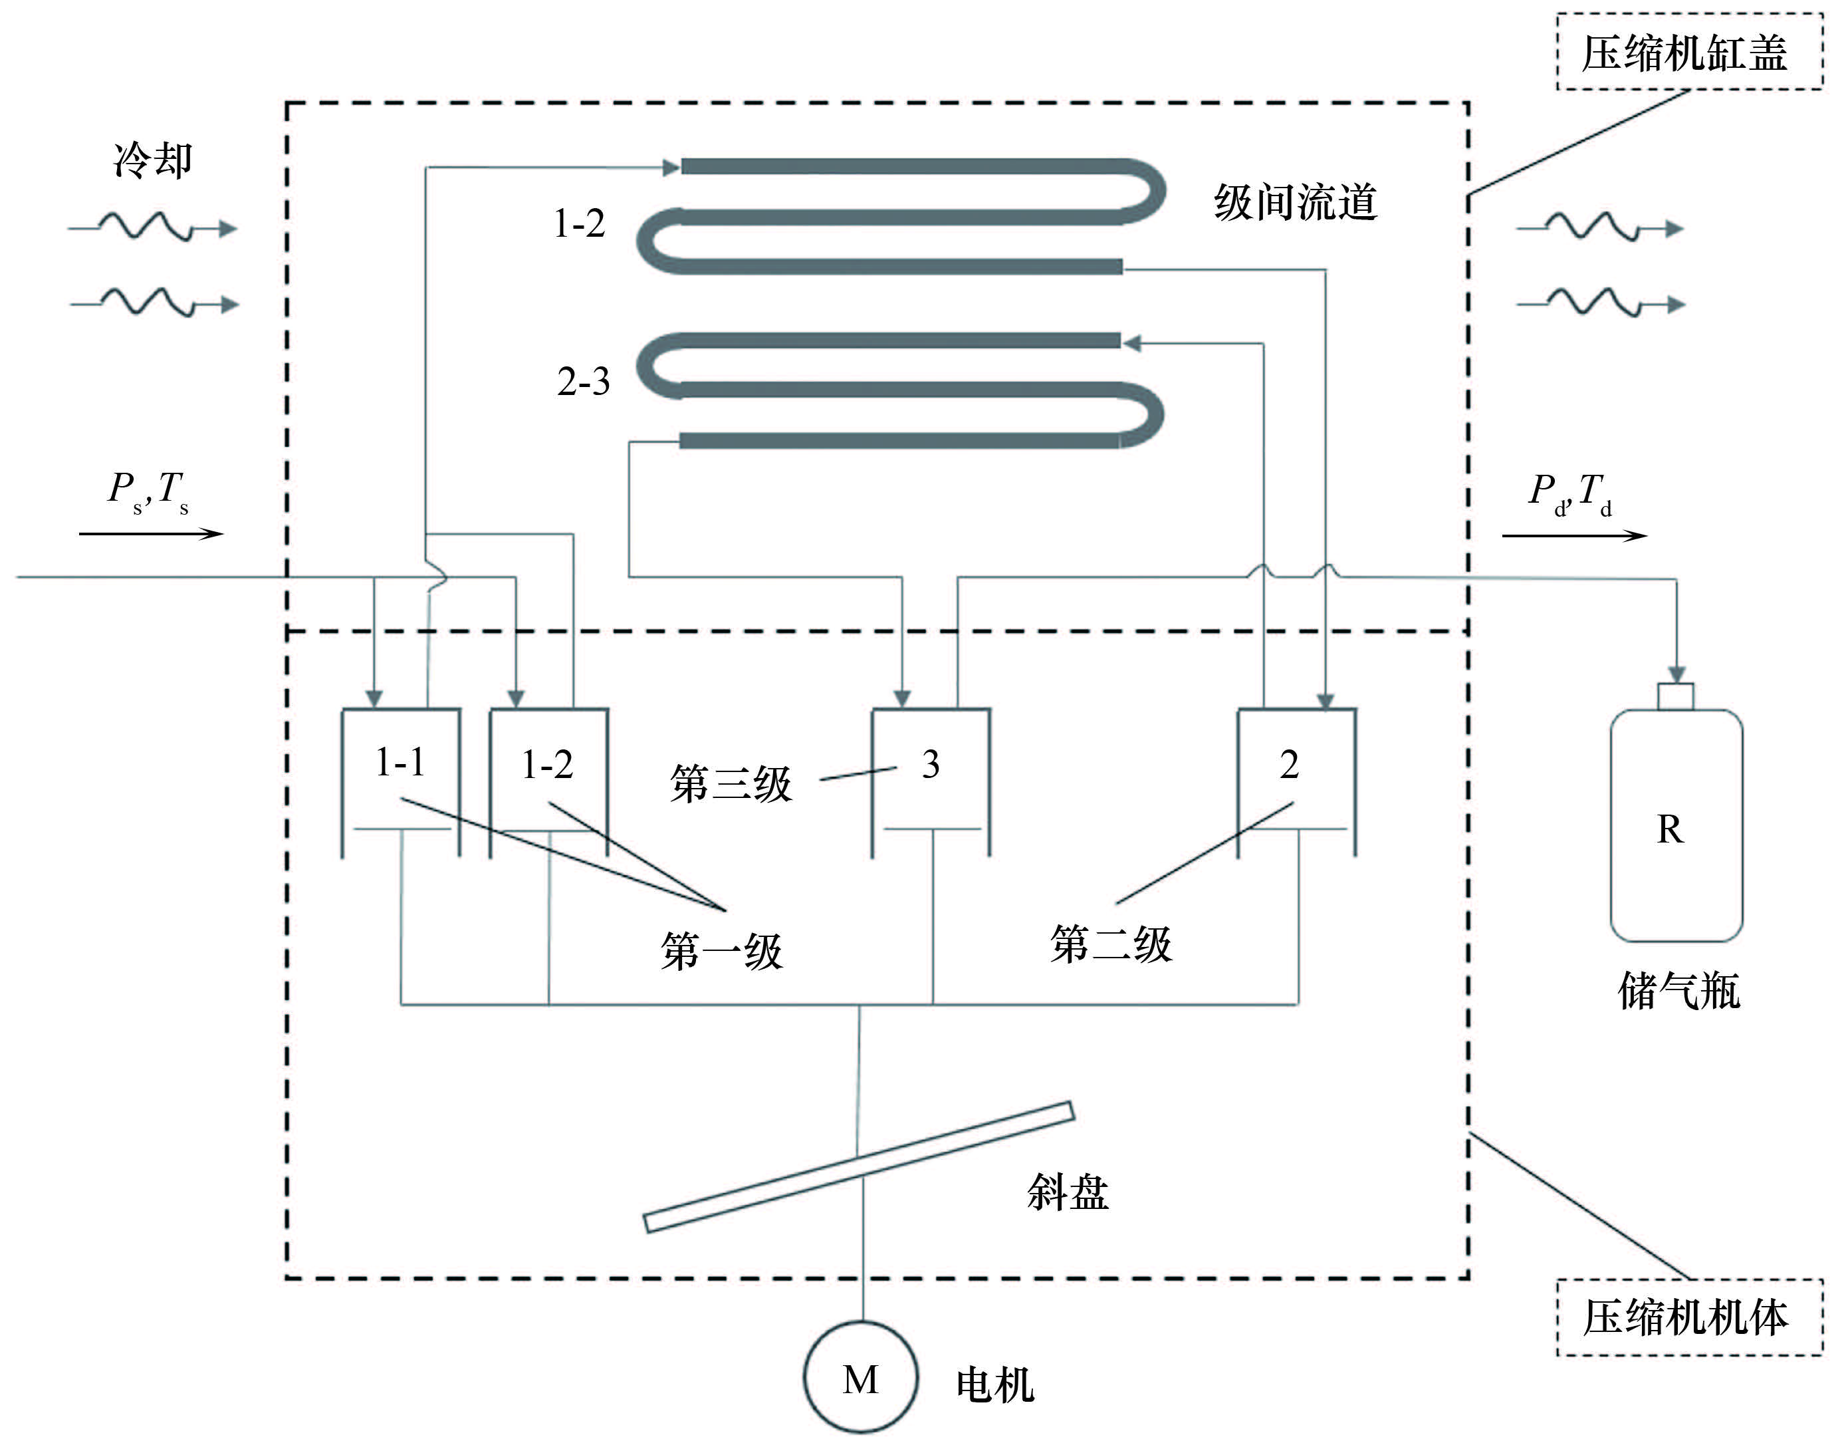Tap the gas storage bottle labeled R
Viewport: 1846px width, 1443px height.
pyautogui.click(x=1675, y=829)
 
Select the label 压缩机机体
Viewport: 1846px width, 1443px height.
pyautogui.click(x=1687, y=1317)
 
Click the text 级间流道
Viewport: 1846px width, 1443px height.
pyautogui.click(x=1295, y=203)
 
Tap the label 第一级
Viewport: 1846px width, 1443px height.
pyautogui.click(x=722, y=952)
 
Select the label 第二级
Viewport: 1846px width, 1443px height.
pyautogui.click(x=1111, y=944)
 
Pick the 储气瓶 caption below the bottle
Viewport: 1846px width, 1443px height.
pyautogui.click(x=1678, y=991)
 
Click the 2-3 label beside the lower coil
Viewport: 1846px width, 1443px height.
pyautogui.click(x=583, y=382)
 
